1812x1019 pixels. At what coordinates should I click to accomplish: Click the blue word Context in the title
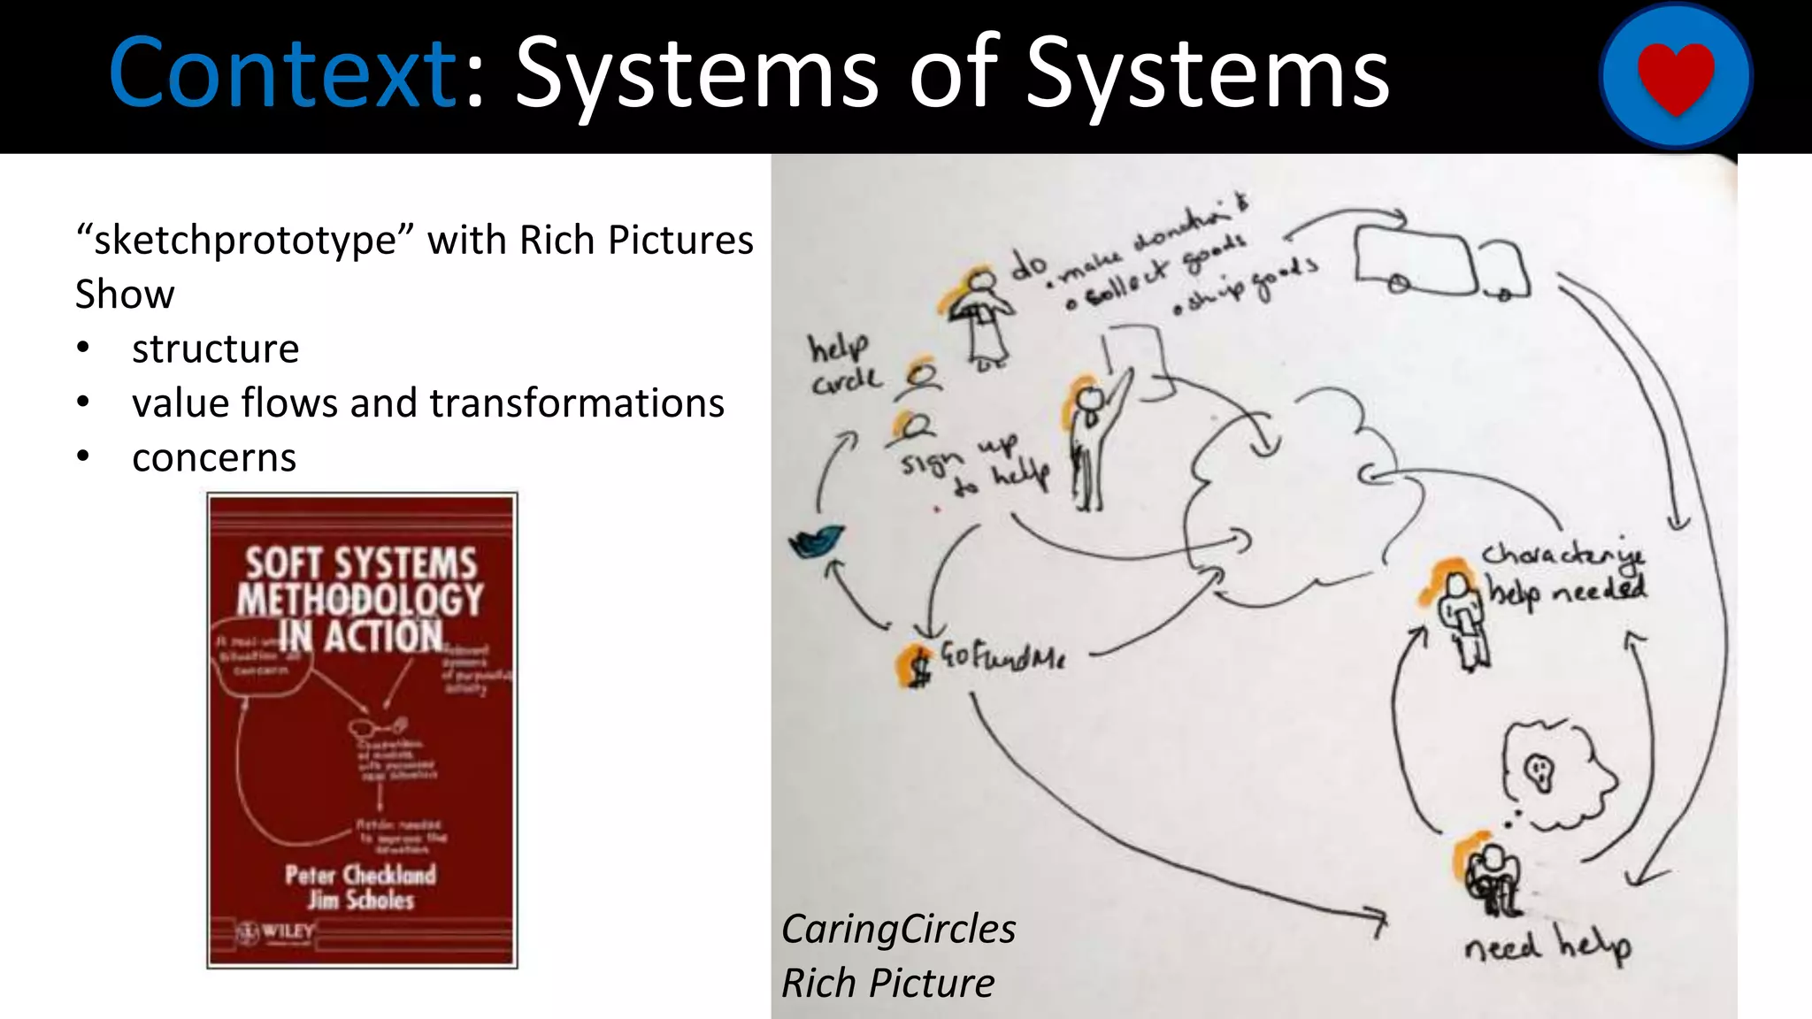pyautogui.click(x=281, y=73)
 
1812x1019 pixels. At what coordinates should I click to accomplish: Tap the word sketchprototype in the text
pyautogui.click(x=244, y=241)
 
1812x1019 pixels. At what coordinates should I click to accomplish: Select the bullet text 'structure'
pyautogui.click(x=215, y=349)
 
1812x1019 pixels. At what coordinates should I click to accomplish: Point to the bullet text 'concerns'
pyautogui.click(x=214, y=458)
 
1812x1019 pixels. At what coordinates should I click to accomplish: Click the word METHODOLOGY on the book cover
pyautogui.click(x=360, y=600)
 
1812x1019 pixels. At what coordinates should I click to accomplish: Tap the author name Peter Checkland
pyautogui.click(x=360, y=875)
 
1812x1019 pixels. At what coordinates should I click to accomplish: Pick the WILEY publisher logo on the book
pyautogui.click(x=276, y=931)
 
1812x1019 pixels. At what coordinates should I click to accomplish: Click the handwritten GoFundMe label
pyautogui.click(x=1002, y=656)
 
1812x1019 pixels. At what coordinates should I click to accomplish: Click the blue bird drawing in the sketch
pyautogui.click(x=815, y=541)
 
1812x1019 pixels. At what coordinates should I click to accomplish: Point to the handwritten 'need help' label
pyautogui.click(x=1547, y=947)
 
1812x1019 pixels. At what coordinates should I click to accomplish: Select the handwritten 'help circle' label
pyautogui.click(x=843, y=364)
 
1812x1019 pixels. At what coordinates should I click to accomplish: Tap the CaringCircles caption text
pyautogui.click(x=898, y=930)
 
